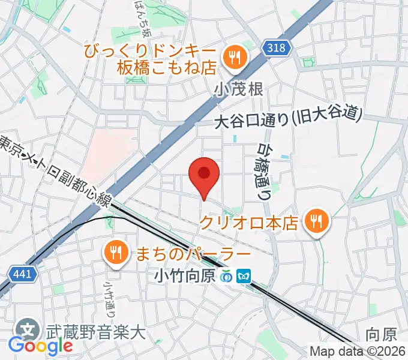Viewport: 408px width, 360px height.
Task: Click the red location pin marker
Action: (204, 175)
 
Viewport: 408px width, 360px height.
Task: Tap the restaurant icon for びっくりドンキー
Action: (232, 58)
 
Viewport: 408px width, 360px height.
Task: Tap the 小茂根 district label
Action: (238, 89)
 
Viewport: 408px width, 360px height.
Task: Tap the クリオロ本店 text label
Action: (248, 223)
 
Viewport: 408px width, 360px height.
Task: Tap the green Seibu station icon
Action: (227, 276)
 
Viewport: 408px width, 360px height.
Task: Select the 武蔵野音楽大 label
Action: (95, 330)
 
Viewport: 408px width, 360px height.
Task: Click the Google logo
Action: (40, 346)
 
